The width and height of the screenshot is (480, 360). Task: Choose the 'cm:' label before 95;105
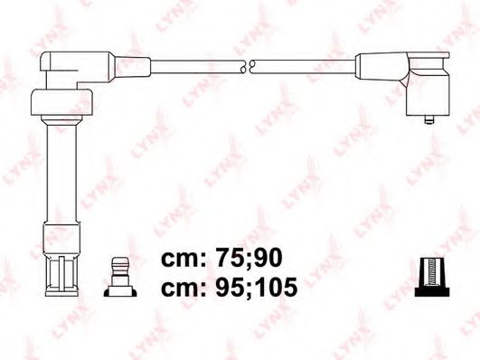tap(184, 288)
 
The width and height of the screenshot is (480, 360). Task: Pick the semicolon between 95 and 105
tap(257, 291)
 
